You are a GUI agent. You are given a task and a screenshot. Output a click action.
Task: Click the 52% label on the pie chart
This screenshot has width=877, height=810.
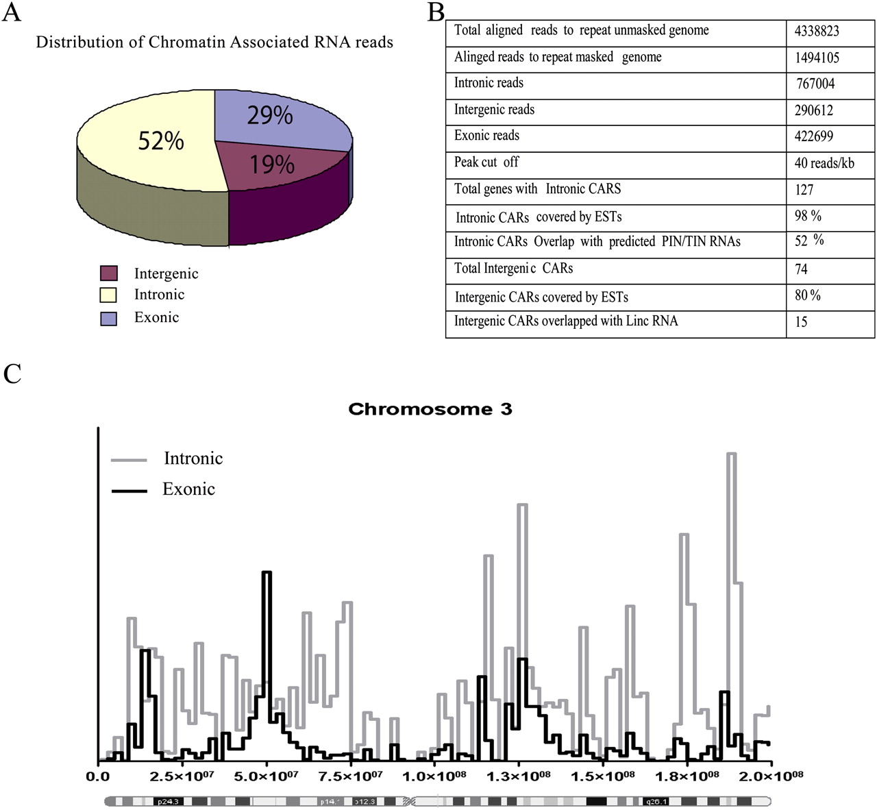[x=161, y=141]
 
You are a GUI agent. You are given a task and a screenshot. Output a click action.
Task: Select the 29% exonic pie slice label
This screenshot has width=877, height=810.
[x=270, y=115]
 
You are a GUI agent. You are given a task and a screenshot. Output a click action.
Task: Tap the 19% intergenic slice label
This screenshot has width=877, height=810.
[x=272, y=164]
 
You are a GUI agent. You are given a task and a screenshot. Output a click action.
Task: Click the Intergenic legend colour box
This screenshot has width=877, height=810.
[x=108, y=273]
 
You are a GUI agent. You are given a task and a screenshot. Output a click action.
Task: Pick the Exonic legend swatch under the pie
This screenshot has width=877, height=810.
[x=108, y=318]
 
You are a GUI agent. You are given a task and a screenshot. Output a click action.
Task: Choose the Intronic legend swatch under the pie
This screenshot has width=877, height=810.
[x=108, y=295]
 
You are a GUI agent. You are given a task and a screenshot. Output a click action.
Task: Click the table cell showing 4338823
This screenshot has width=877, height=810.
[x=817, y=31]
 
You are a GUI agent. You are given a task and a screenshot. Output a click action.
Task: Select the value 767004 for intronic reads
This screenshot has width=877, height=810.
[x=815, y=84]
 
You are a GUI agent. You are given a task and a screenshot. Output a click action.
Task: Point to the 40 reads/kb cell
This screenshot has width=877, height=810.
[x=824, y=163]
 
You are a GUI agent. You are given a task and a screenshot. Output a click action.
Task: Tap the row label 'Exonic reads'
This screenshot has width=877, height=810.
[x=486, y=136]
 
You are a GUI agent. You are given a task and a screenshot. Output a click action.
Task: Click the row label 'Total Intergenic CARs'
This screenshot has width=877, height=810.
[x=513, y=268]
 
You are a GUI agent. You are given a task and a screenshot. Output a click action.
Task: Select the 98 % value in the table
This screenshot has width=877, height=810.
[x=808, y=216]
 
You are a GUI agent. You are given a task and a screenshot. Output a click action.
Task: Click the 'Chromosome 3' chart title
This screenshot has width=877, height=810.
[x=430, y=409]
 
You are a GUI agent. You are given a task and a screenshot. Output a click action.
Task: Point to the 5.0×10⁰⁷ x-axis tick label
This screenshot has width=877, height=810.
[x=267, y=776]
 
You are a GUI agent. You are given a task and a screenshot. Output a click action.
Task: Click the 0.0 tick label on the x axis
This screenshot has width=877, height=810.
[x=98, y=776]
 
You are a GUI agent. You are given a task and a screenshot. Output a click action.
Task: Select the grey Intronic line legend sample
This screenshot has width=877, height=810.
[x=129, y=460]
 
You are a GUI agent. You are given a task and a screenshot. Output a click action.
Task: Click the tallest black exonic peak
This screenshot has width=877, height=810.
[x=267, y=573]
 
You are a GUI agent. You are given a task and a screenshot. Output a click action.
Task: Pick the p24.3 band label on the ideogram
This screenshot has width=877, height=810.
[x=167, y=801]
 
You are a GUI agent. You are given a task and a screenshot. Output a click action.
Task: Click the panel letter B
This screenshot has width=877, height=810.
[x=436, y=12]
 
